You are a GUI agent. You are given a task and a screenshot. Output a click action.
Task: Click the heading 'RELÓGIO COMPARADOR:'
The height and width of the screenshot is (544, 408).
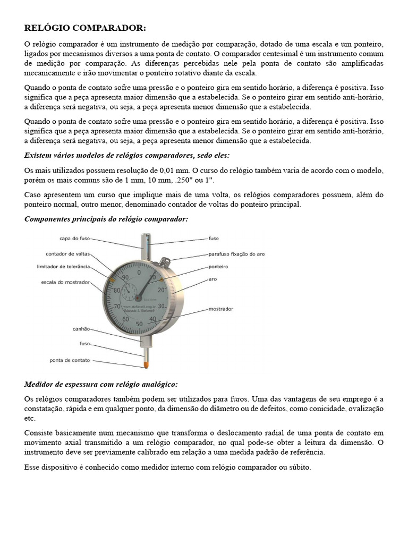[85, 28]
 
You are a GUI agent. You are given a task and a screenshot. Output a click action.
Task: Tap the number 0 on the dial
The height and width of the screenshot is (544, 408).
[139, 272]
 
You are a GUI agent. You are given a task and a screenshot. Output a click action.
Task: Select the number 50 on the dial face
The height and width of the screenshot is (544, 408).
[139, 324]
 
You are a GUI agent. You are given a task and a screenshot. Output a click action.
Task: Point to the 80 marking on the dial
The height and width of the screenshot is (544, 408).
[117, 290]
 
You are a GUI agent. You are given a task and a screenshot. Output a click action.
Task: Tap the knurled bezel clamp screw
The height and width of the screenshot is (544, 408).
[165, 261]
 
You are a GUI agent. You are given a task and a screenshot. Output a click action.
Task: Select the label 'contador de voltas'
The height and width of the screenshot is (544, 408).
[67, 253]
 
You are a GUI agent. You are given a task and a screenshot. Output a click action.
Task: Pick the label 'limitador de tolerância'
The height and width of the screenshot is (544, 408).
[63, 266]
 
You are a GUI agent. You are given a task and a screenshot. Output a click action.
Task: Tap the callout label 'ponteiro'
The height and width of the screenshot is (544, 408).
[218, 266]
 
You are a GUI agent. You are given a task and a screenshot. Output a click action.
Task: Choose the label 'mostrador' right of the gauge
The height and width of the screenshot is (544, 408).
[221, 309]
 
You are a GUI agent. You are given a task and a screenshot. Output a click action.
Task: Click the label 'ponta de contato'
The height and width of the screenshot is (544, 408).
[70, 360]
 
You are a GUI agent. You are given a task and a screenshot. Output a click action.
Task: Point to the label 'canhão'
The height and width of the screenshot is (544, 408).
[81, 329]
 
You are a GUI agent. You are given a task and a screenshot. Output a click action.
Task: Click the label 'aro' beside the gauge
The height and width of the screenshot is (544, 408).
[212, 278]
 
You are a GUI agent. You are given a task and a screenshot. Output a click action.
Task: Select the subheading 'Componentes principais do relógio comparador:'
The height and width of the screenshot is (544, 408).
[106, 219]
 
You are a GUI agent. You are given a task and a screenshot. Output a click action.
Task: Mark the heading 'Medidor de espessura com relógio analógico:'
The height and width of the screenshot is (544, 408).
[101, 384]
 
